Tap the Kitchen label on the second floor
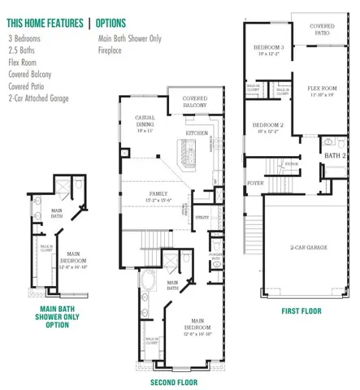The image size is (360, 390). tap(197, 132)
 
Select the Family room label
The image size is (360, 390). tap(159, 193)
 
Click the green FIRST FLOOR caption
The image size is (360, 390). tap(300, 310)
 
